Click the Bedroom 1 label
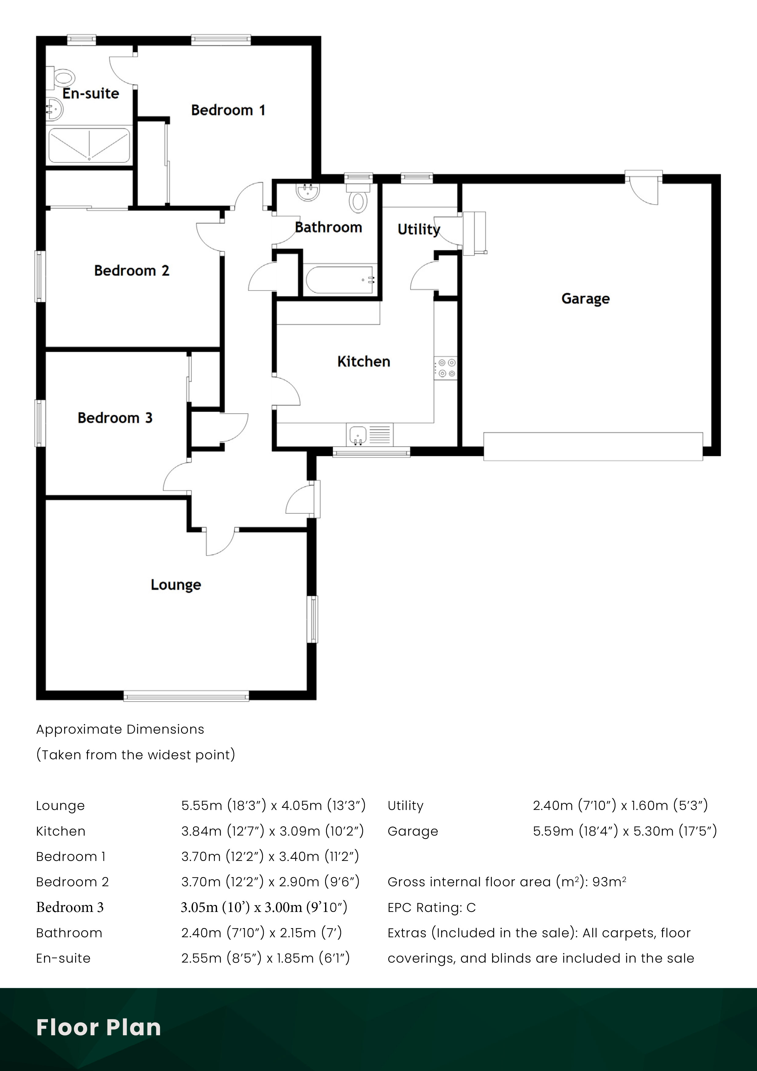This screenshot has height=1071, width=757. click(228, 111)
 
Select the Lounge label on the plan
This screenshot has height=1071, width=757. click(176, 585)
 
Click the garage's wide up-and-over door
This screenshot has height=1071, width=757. click(593, 446)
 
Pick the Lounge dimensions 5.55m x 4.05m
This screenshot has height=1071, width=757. click(273, 806)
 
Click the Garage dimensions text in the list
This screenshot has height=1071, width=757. click(625, 831)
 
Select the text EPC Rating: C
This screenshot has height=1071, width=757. click(431, 907)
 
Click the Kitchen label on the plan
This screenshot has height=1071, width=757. click(363, 361)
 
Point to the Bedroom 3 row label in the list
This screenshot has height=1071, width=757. click(70, 907)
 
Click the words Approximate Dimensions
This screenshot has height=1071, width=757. click(120, 730)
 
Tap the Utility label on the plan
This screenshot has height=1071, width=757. click(418, 229)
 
